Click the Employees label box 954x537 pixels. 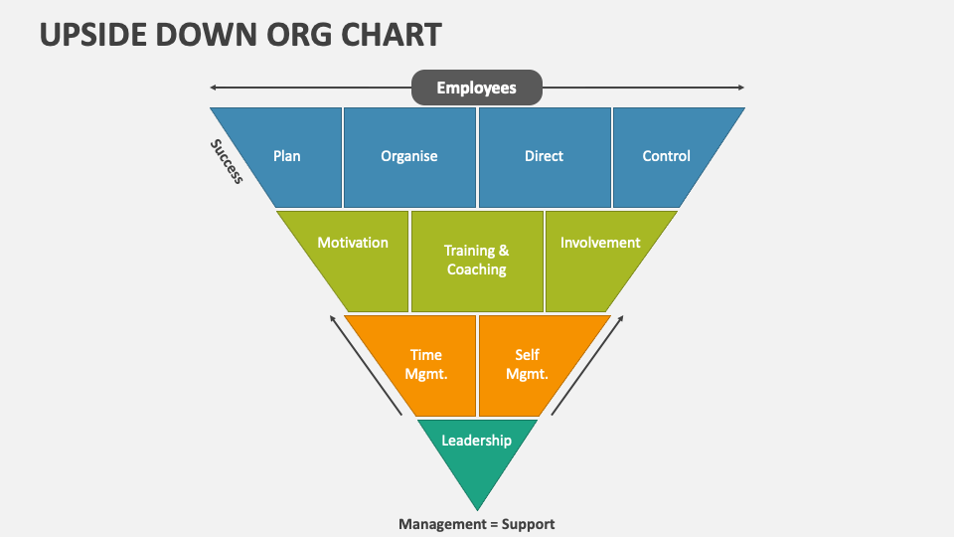click(477, 88)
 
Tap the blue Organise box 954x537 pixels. click(409, 156)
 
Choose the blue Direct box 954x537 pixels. click(544, 156)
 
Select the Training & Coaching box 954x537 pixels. click(477, 261)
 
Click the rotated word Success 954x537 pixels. click(227, 161)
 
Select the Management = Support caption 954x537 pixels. click(477, 524)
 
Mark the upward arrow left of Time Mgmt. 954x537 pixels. click(366, 365)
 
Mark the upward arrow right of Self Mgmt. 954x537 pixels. click(587, 365)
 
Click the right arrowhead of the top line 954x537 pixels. click(740, 88)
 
